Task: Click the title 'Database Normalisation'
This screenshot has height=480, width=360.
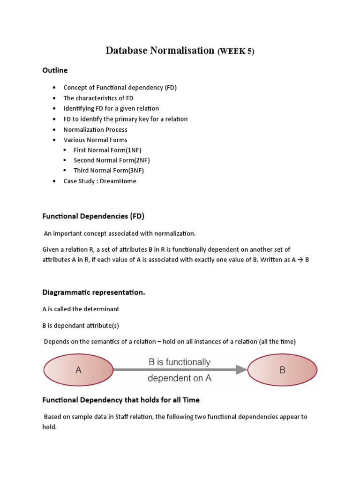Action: click(x=160, y=51)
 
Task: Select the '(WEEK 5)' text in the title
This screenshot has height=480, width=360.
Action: click(x=235, y=52)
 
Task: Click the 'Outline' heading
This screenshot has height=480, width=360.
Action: click(x=55, y=70)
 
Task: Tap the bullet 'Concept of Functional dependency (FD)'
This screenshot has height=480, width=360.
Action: click(x=120, y=88)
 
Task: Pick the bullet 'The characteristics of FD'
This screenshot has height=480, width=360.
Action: click(x=98, y=98)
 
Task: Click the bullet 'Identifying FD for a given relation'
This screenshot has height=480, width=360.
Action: click(x=111, y=108)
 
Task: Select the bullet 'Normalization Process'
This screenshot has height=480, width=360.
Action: click(x=95, y=129)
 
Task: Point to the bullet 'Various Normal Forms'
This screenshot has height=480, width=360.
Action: click(x=95, y=140)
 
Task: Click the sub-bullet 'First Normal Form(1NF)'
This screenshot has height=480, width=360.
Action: click(x=107, y=150)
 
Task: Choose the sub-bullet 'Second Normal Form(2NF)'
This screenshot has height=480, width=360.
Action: click(x=112, y=160)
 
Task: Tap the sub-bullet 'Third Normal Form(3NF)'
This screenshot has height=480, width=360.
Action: click(x=108, y=171)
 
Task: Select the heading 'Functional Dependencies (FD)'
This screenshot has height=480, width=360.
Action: click(x=93, y=216)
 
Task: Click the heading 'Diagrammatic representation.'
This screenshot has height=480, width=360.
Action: click(x=94, y=292)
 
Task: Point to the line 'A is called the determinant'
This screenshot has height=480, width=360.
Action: click(x=81, y=309)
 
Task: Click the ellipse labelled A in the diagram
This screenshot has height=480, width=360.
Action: click(x=78, y=370)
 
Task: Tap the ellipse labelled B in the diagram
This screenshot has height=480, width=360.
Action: click(x=282, y=370)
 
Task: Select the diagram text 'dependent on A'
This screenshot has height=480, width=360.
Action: click(x=180, y=378)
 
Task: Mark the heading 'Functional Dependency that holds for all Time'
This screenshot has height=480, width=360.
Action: click(x=121, y=400)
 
